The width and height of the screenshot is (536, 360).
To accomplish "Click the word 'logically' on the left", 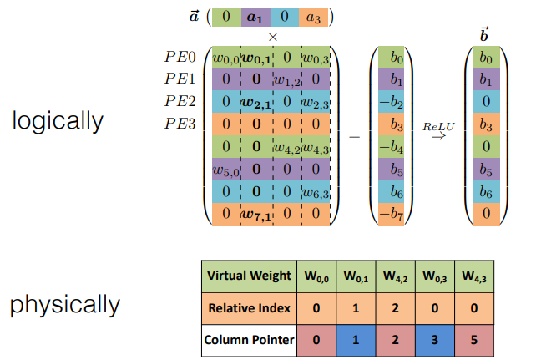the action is [x=58, y=120].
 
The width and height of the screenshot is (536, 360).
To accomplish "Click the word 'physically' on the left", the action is [x=65, y=304].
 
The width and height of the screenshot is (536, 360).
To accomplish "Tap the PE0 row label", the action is [x=180, y=58].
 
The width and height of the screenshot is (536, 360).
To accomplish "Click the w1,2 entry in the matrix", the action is [x=286, y=80].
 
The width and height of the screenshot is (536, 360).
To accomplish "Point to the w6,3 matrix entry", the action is [x=315, y=193].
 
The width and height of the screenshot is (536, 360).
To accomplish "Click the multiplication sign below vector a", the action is [x=272, y=37].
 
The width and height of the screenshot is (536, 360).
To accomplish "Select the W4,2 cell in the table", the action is [x=395, y=276].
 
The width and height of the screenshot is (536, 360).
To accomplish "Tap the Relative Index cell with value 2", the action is [x=395, y=308].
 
